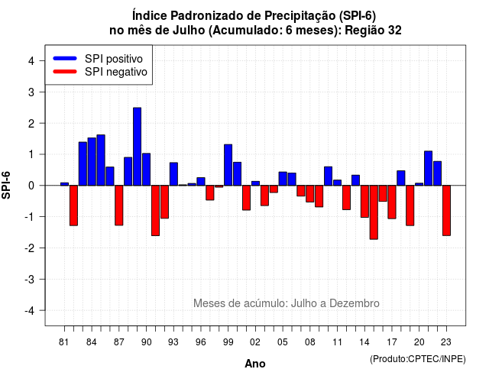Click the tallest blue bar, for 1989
[x=137, y=147]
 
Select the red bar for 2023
[x=446, y=211]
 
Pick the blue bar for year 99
[x=228, y=165]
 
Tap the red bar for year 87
[x=119, y=206]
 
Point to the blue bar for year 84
[x=92, y=161]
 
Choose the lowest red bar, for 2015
[x=374, y=212]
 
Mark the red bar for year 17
[x=392, y=202]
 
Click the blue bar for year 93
[x=173, y=174]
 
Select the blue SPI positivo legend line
[x=65, y=58]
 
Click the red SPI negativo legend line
[x=65, y=71]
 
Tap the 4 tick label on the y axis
[x=31, y=61]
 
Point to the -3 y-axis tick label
[x=30, y=280]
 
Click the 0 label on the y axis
[x=31, y=186]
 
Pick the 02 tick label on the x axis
[x=255, y=342]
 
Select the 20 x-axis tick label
[x=419, y=342]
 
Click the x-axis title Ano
[x=255, y=364]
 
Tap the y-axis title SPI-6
[x=6, y=185]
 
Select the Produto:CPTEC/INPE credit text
[x=418, y=359]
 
